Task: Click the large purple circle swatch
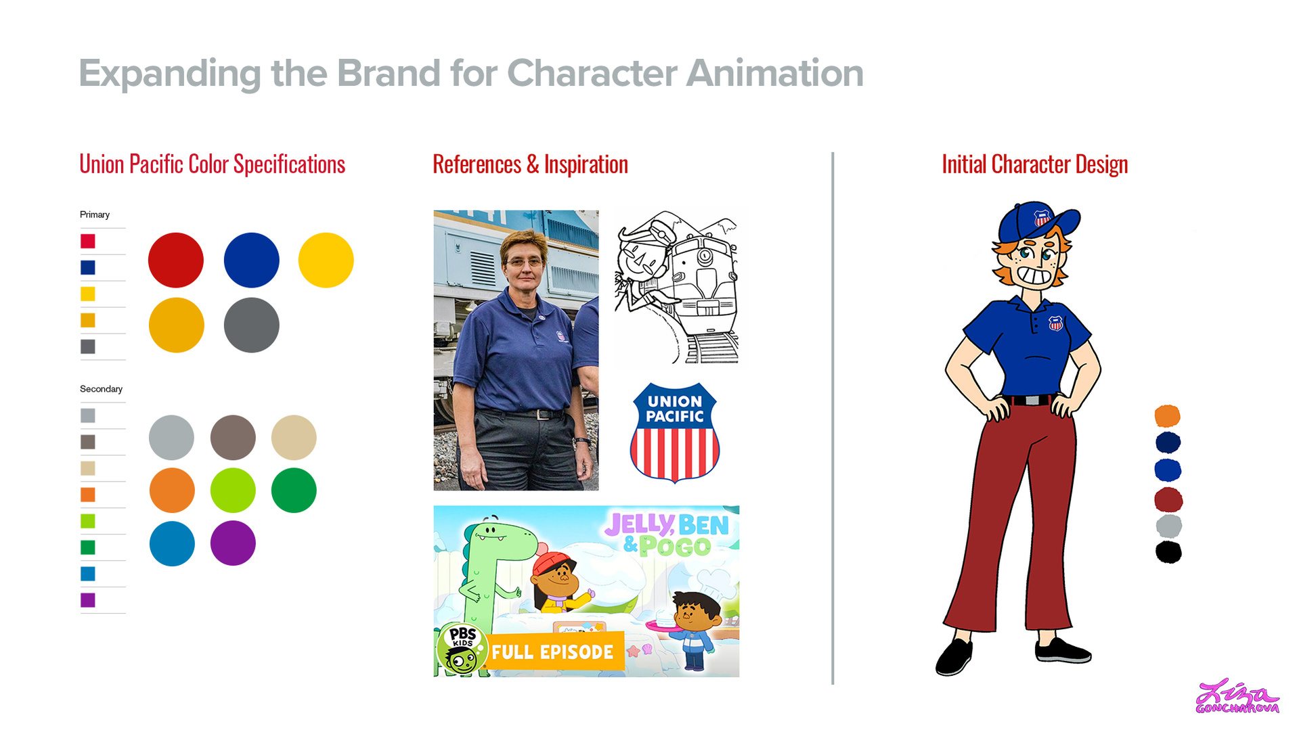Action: click(x=233, y=543)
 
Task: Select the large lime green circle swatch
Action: click(x=233, y=490)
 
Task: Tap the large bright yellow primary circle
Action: click(x=326, y=260)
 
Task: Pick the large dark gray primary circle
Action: click(x=251, y=325)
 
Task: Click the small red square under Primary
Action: click(x=88, y=241)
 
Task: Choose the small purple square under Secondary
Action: click(x=88, y=600)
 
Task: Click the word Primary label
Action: click(x=95, y=214)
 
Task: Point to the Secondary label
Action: click(x=101, y=389)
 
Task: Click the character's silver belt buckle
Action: click(x=1030, y=400)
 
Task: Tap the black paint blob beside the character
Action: click(x=1168, y=552)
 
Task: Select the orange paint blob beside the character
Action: click(x=1168, y=415)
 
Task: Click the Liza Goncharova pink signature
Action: click(x=1237, y=697)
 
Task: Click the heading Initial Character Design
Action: click(x=1035, y=164)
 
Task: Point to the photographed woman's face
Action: click(x=524, y=260)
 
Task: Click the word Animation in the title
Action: click(x=775, y=73)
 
